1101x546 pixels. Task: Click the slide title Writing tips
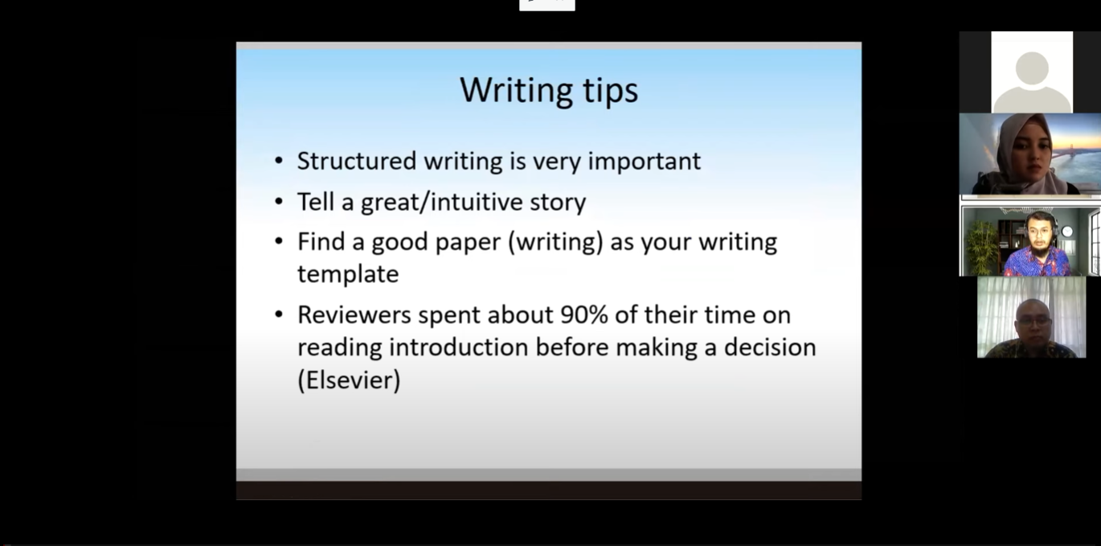coord(549,91)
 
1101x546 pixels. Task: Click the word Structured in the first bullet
coord(357,161)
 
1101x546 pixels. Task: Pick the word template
coord(348,274)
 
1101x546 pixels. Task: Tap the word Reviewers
coord(354,315)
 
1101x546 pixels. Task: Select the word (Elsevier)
coord(349,380)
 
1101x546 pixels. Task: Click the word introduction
coord(459,347)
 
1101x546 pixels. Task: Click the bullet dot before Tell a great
coord(279,202)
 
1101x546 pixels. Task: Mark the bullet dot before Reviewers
coord(279,314)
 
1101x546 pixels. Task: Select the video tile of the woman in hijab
coord(1029,154)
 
